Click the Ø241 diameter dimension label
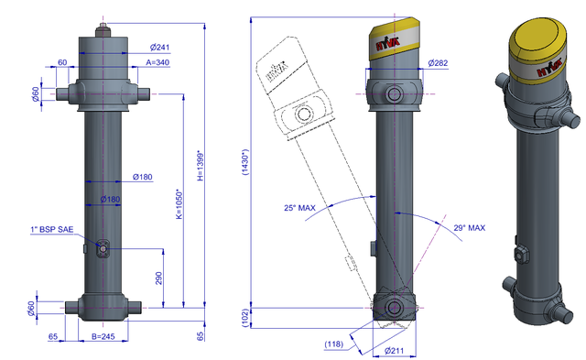(159, 47)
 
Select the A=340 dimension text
(157, 62)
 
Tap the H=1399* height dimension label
(201, 166)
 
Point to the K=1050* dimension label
(179, 204)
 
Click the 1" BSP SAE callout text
(52, 229)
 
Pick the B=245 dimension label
(103, 336)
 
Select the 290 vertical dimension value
(158, 278)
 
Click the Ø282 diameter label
(438, 63)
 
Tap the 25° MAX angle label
(299, 208)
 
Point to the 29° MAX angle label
(470, 228)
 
